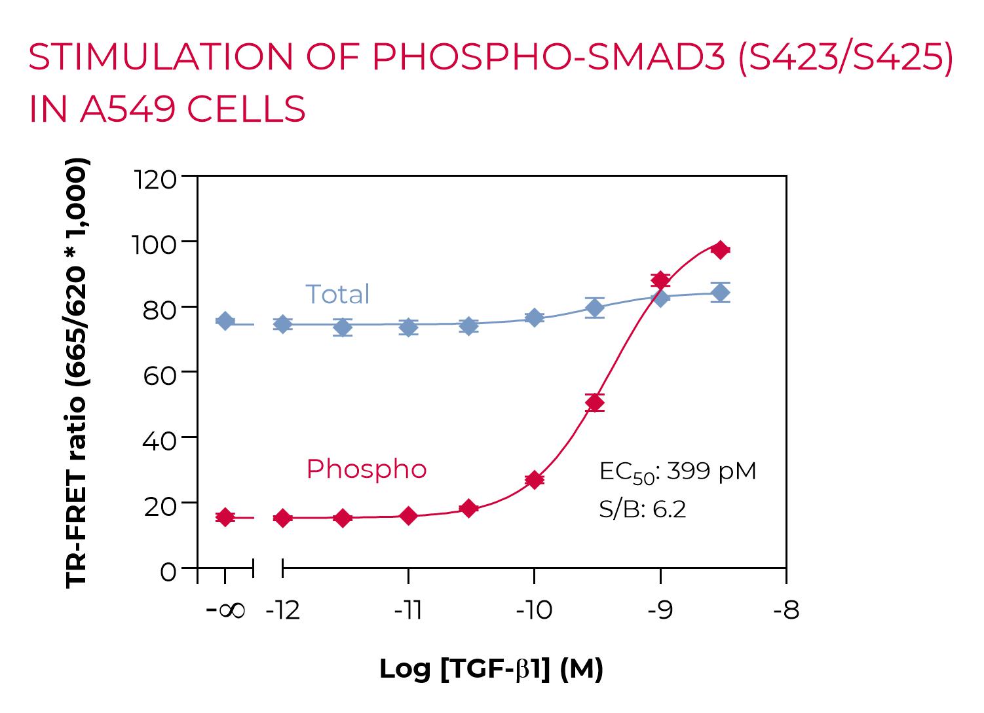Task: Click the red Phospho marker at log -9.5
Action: pyautogui.click(x=594, y=403)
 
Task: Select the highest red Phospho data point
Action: pyautogui.click(x=721, y=249)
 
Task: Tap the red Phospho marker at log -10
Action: pyautogui.click(x=534, y=480)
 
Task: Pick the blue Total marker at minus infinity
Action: pyautogui.click(x=225, y=321)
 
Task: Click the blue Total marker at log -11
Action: pyautogui.click(x=408, y=327)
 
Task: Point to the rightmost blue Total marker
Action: pyautogui.click(x=721, y=293)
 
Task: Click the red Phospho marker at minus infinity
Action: pyautogui.click(x=225, y=517)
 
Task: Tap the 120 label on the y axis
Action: pyautogui.click(x=155, y=179)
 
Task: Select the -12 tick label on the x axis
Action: pyautogui.click(x=283, y=611)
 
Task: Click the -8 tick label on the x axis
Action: pyautogui.click(x=786, y=611)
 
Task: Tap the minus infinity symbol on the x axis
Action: pyautogui.click(x=226, y=611)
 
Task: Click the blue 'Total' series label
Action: pyautogui.click(x=337, y=295)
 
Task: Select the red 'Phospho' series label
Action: pyautogui.click(x=366, y=469)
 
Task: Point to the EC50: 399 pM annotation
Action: pyautogui.click(x=677, y=472)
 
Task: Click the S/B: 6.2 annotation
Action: pyautogui.click(x=642, y=509)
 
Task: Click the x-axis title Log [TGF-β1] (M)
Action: pyautogui.click(x=491, y=669)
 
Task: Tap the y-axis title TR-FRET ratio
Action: pyautogui.click(x=76, y=373)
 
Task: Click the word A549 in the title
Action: pyautogui.click(x=127, y=109)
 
